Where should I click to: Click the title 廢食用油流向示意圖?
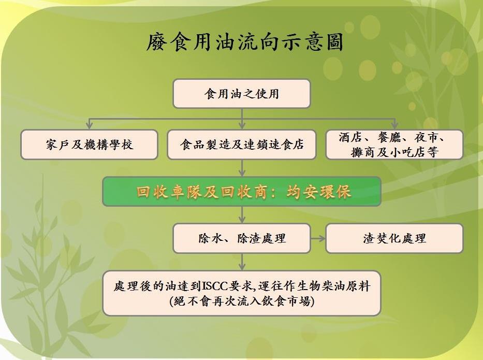click(245, 42)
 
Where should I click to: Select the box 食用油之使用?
click(241, 94)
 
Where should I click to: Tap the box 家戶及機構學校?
click(90, 145)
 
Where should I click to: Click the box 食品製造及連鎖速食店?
click(242, 145)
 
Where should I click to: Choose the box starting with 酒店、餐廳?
click(394, 145)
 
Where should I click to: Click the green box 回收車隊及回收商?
click(242, 192)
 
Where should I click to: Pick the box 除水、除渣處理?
click(241, 238)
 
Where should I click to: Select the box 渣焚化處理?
click(394, 238)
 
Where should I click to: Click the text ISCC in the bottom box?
click(215, 286)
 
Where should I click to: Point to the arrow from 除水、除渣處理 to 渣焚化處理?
click(318, 238)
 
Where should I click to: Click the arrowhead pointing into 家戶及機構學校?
click(90, 125)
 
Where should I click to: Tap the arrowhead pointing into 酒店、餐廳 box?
click(394, 125)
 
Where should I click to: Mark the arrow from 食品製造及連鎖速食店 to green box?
click(242, 168)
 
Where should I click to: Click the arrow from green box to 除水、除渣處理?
click(242, 215)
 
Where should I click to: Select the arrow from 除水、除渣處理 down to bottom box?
click(242, 262)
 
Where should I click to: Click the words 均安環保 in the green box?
click(319, 192)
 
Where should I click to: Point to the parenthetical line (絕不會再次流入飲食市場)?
click(242, 301)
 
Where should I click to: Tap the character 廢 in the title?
click(157, 42)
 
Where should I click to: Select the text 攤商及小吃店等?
click(394, 152)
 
